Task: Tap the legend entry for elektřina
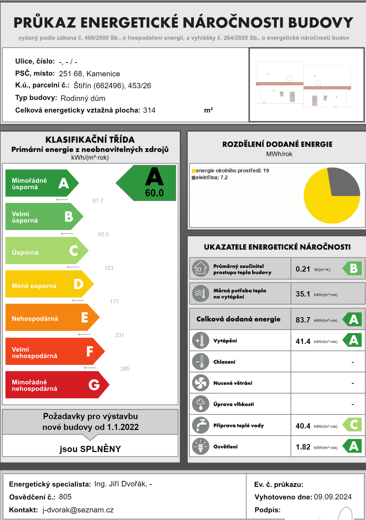click(210, 178)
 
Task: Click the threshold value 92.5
click(103, 234)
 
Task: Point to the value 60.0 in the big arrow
click(154, 193)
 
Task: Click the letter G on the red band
click(94, 385)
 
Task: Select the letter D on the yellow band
click(78, 284)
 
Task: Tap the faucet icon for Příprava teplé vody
click(200, 425)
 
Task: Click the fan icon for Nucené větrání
click(200, 383)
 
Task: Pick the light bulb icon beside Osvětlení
click(200, 447)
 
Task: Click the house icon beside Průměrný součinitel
click(200, 269)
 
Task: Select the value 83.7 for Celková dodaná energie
click(303, 320)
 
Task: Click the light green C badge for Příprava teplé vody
click(353, 425)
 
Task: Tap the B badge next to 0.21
click(353, 268)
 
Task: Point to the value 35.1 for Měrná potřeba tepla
click(303, 294)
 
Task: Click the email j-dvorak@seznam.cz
click(78, 510)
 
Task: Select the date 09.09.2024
click(333, 497)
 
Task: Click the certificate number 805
click(65, 497)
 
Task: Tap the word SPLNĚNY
click(101, 449)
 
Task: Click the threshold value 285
click(125, 369)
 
